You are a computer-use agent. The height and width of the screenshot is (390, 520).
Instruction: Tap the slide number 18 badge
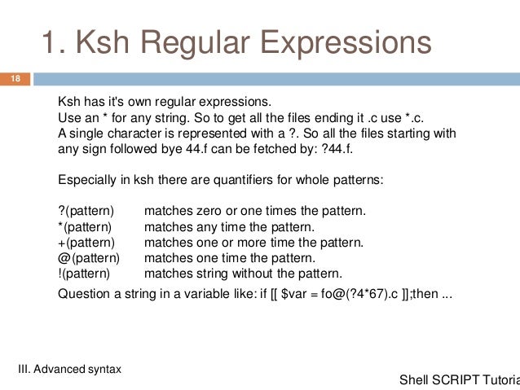(x=15, y=79)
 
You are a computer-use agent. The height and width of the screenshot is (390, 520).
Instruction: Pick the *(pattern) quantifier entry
(x=85, y=227)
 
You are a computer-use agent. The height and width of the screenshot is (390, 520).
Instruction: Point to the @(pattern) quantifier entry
(x=89, y=258)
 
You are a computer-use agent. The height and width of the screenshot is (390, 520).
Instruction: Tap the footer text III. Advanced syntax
(x=70, y=369)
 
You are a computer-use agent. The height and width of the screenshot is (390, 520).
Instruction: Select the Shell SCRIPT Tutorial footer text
(x=460, y=380)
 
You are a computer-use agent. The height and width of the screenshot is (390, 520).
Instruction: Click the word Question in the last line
(x=83, y=294)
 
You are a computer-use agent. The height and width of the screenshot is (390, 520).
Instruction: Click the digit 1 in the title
(x=49, y=43)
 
